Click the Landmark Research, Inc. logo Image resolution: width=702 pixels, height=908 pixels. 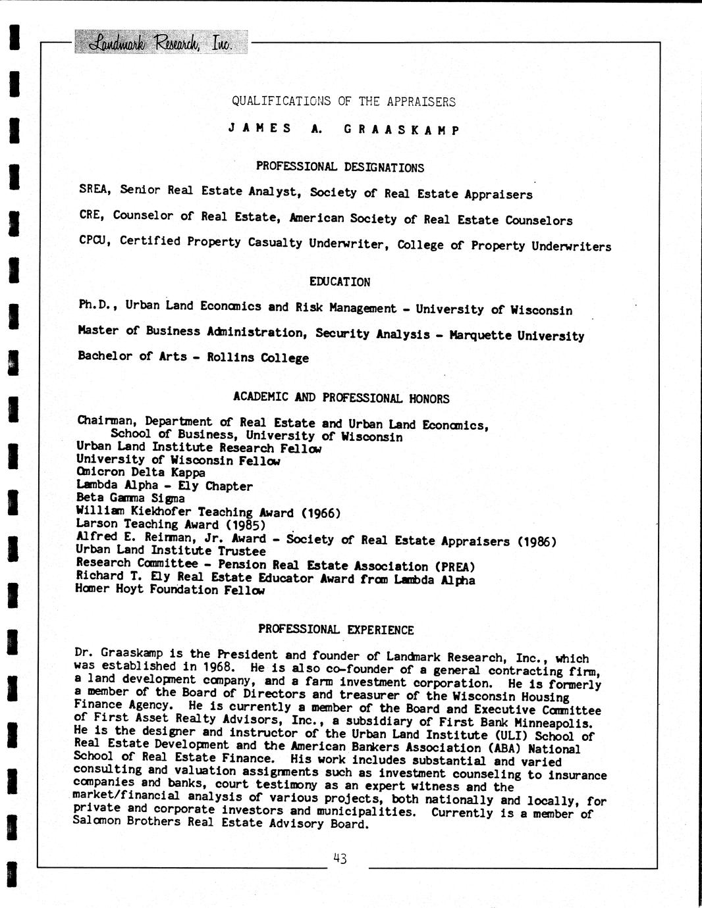(161, 43)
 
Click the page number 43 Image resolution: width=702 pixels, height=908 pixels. (340, 858)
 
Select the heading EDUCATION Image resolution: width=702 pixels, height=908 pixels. (340, 282)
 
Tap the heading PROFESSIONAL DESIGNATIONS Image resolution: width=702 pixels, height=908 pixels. (340, 167)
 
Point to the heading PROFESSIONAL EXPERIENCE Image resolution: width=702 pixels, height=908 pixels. (336, 630)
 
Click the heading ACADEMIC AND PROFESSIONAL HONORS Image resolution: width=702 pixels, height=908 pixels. (341, 398)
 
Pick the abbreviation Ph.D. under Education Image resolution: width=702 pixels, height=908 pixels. (97, 305)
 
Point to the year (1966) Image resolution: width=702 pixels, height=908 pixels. (321, 513)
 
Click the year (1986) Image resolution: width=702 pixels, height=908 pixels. (537, 542)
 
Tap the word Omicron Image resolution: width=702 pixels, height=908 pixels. (98, 472)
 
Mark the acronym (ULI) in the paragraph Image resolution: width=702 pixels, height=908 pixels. (510, 736)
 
